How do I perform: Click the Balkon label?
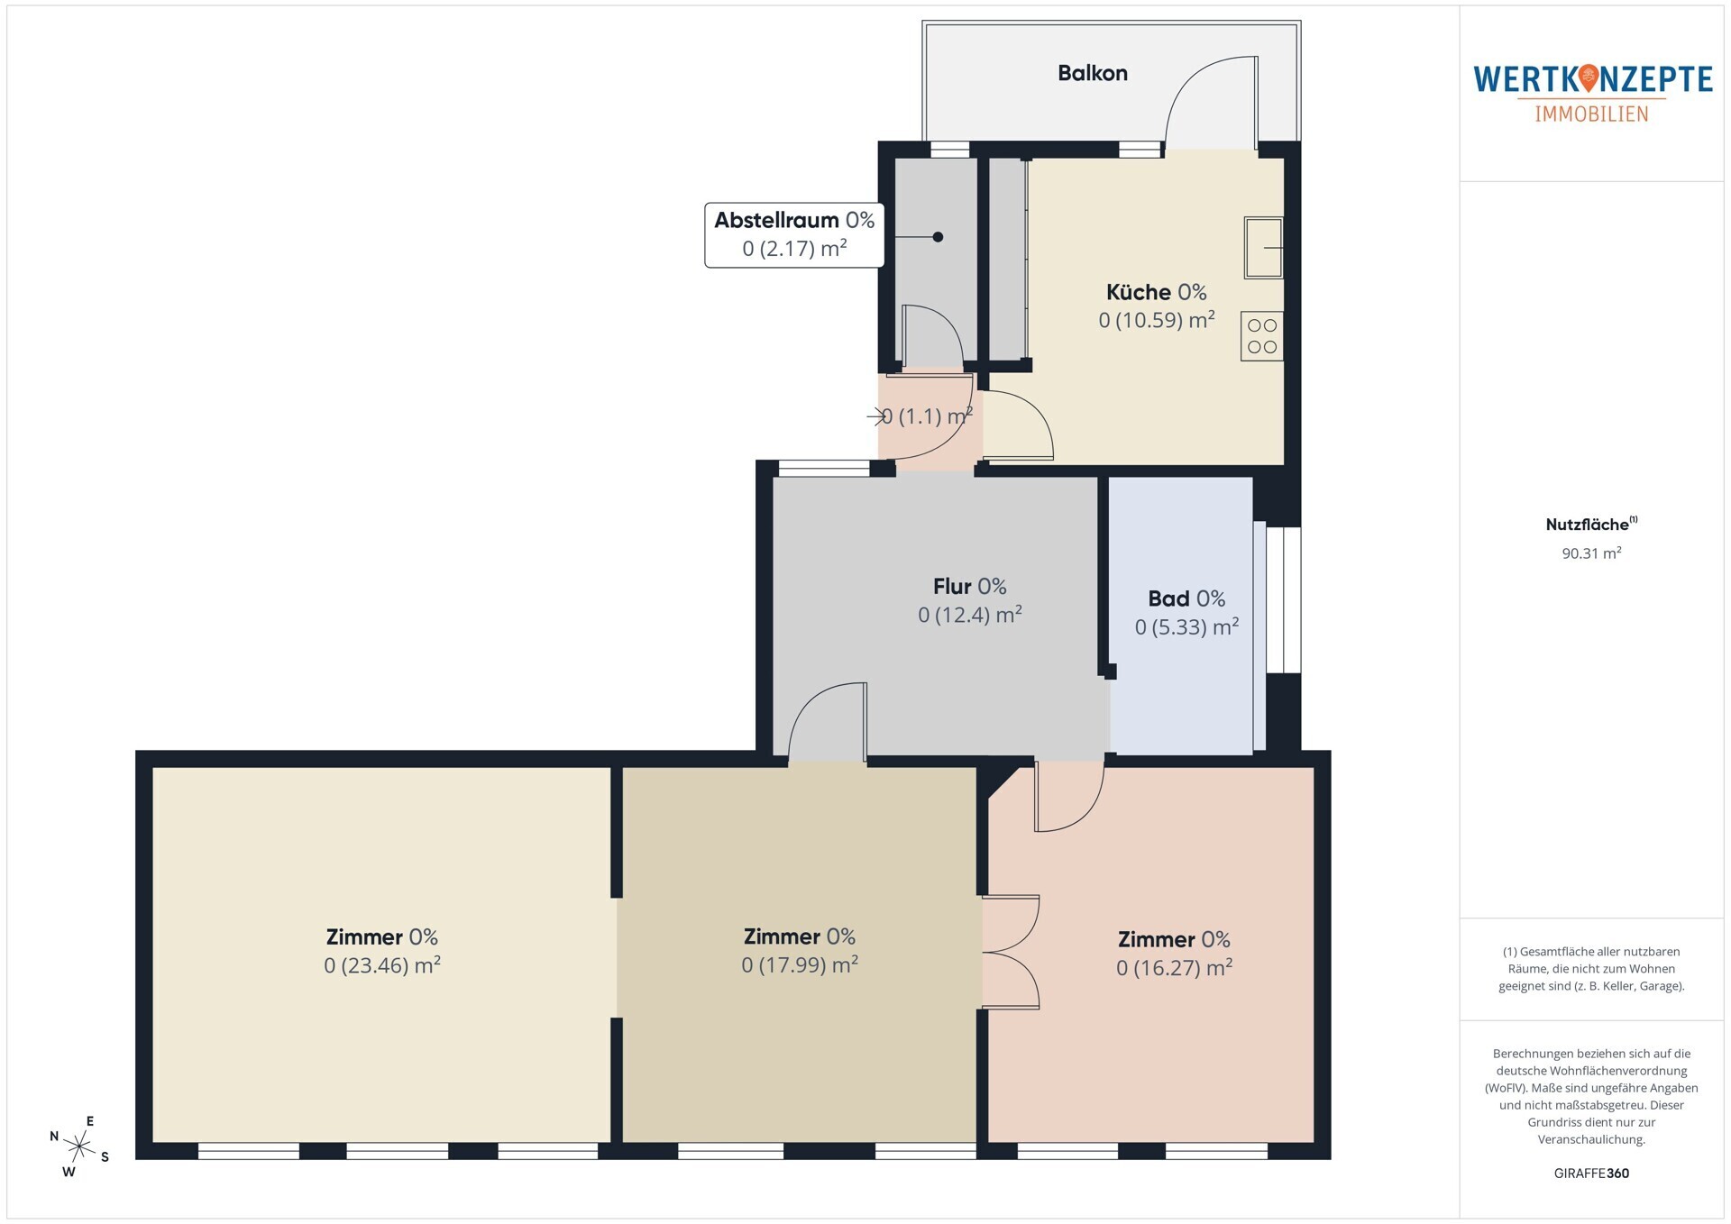[x=1092, y=73]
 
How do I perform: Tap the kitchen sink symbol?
[x=1263, y=247]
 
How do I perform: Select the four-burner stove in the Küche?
[x=1261, y=335]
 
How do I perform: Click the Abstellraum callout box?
[x=794, y=234]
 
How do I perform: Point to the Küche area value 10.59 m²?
[x=1157, y=320]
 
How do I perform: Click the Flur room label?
[x=970, y=587]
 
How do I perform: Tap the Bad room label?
[x=1186, y=598]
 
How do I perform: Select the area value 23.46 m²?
[x=382, y=965]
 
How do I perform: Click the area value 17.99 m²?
[x=800, y=965]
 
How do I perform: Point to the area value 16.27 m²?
[x=1174, y=968]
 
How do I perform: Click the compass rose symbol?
[x=79, y=1146]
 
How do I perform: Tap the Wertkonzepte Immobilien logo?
[x=1593, y=93]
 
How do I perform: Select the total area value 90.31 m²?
[x=1591, y=553]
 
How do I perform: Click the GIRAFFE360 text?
[x=1591, y=1174]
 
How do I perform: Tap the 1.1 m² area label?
[x=927, y=416]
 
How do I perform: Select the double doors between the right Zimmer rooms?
[x=1011, y=952]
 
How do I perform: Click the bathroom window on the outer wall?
[x=1283, y=600]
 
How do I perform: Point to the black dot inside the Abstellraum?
[x=938, y=237]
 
